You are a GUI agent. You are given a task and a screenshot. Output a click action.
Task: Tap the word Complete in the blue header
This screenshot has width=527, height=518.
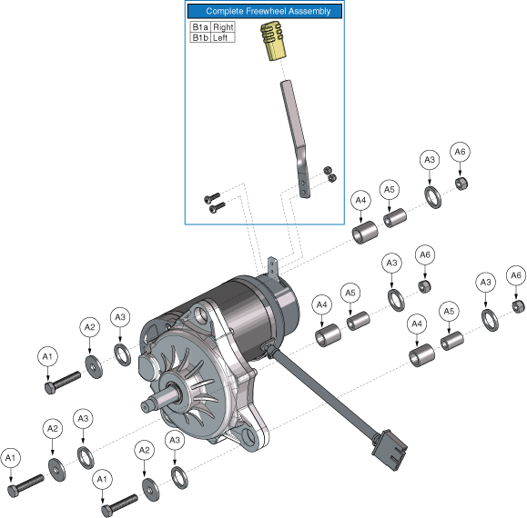click(x=225, y=11)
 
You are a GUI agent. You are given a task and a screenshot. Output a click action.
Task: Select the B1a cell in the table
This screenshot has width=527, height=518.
click(x=200, y=27)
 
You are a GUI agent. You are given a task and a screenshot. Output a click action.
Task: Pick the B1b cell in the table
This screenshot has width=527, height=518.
click(x=200, y=37)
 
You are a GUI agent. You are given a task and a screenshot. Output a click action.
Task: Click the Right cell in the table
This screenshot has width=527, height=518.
click(x=223, y=27)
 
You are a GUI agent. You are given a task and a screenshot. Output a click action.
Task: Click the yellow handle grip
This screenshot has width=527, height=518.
click(x=273, y=41)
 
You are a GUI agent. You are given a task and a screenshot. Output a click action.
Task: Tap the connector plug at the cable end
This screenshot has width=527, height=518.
click(x=390, y=450)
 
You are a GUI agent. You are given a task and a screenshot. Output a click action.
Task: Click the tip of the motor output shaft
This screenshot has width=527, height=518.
click(x=145, y=407)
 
